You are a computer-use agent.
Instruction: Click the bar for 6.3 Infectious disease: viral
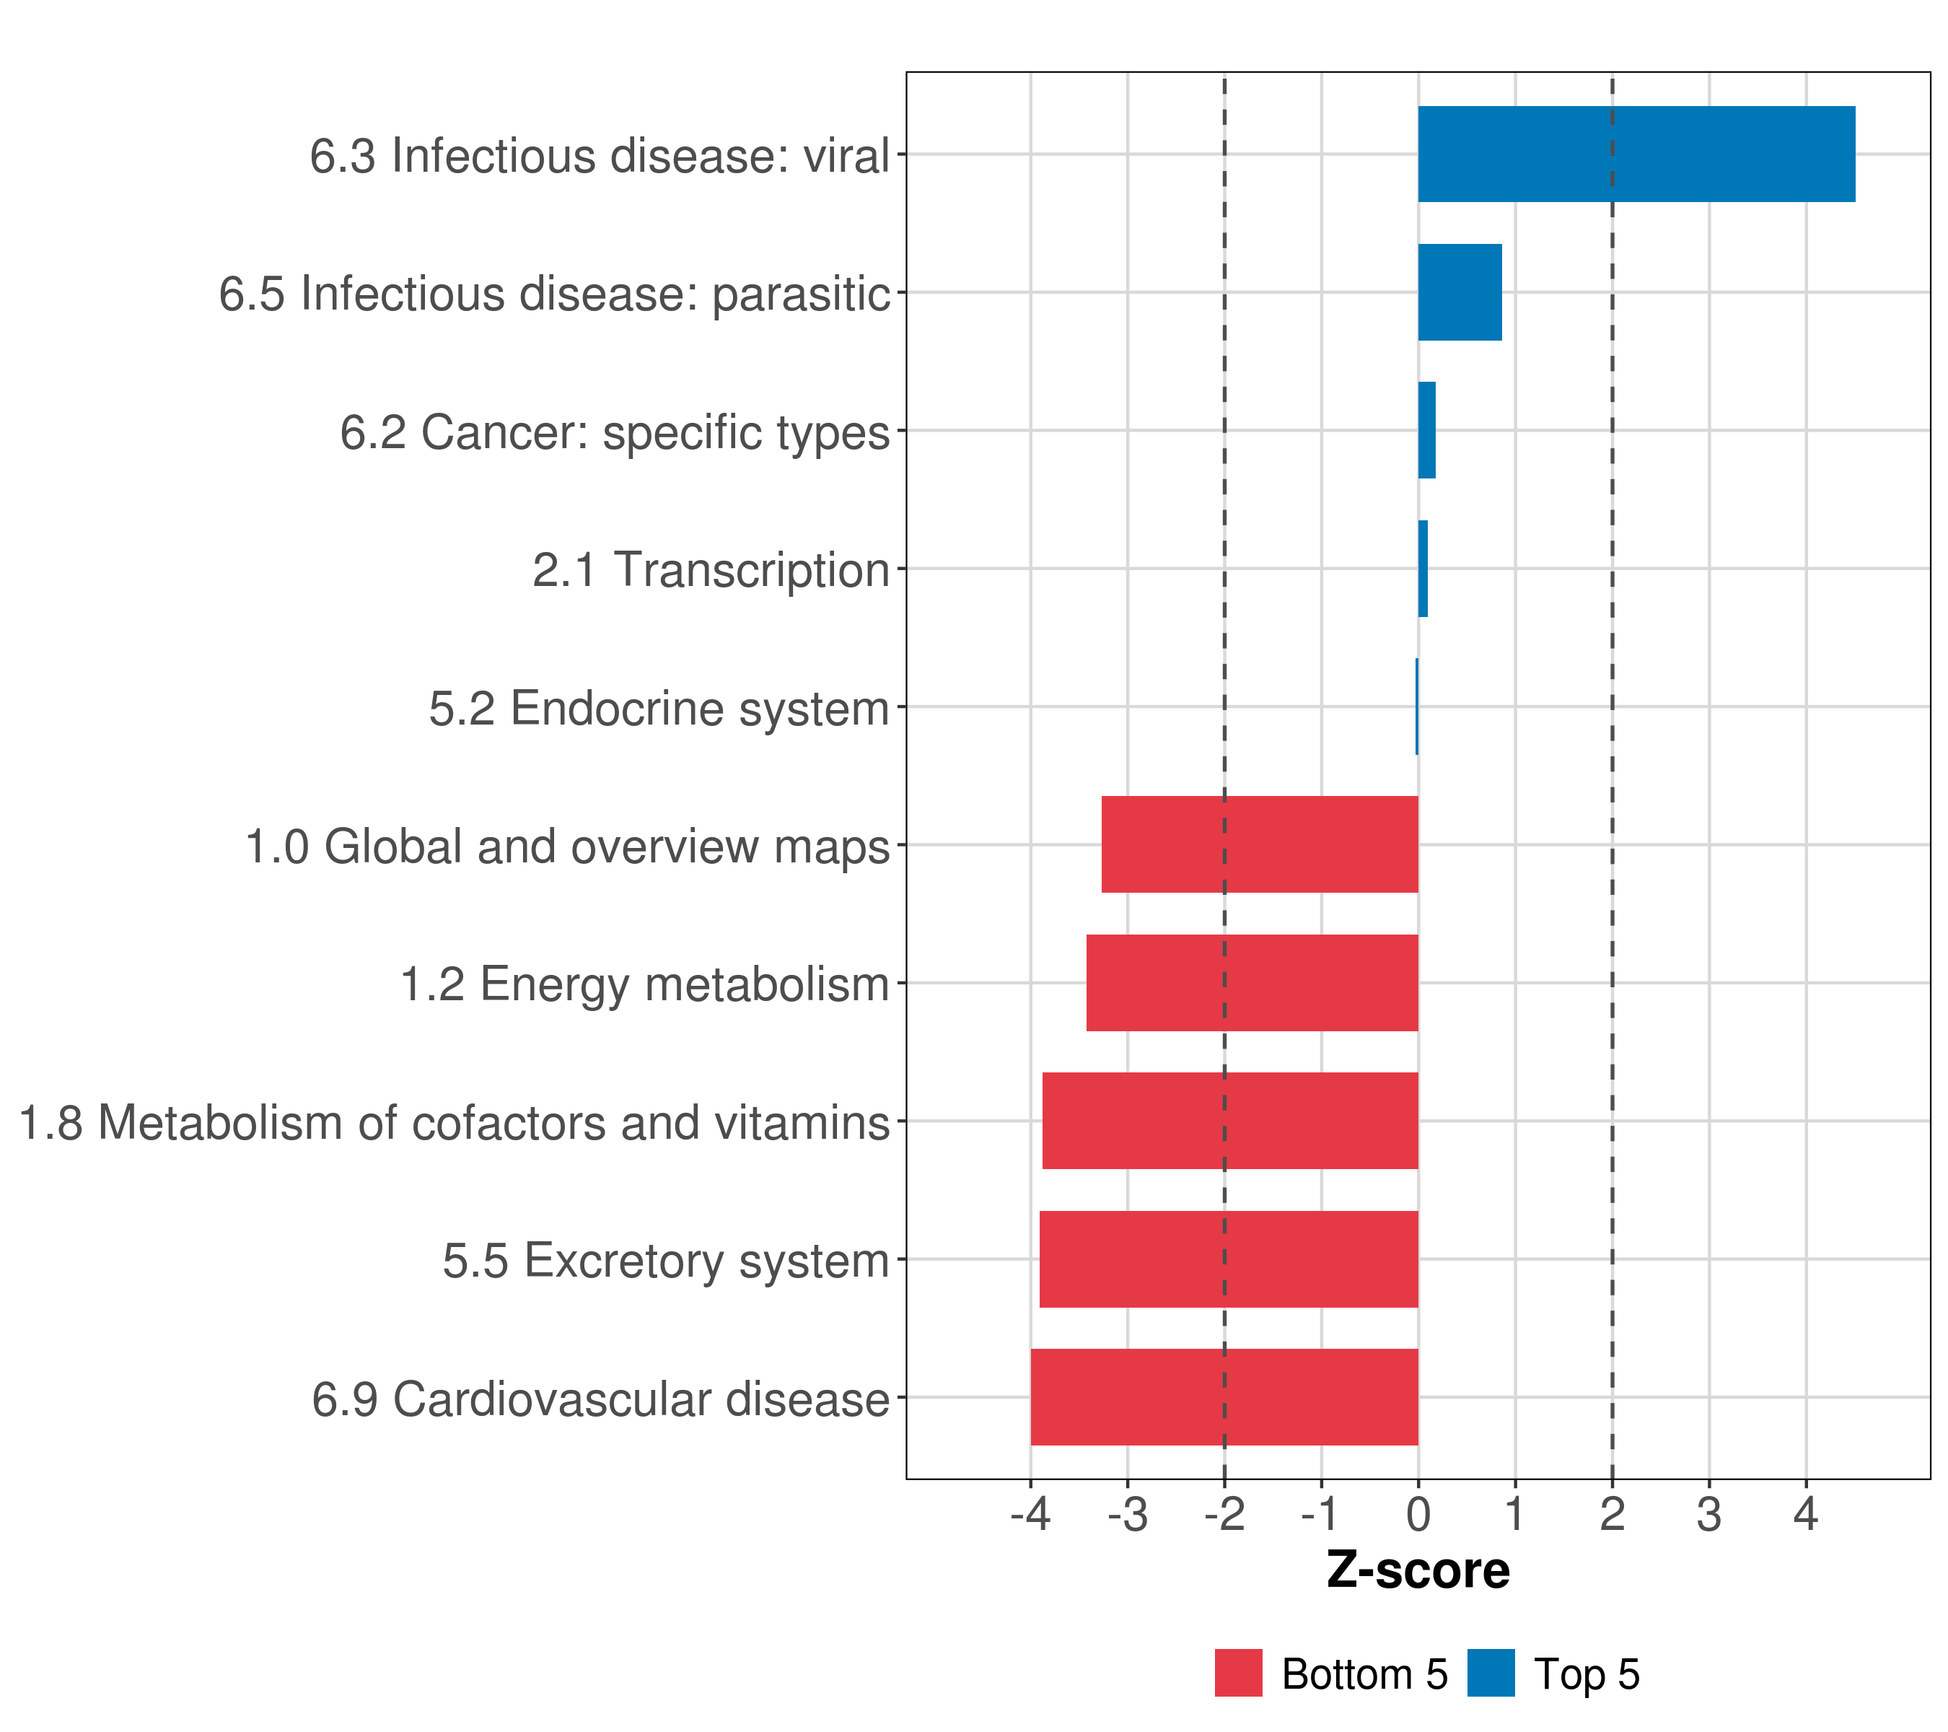pos(1636,154)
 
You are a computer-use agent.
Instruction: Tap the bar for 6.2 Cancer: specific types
pos(1426,431)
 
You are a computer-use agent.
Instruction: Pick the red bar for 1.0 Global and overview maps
pos(1259,844)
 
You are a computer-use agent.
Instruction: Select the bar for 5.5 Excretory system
pos(1229,1259)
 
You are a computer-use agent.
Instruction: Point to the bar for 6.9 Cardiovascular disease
pos(1224,1397)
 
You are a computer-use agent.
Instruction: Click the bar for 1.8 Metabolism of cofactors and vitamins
pos(1229,1121)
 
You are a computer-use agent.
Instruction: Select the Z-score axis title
pos(1418,1570)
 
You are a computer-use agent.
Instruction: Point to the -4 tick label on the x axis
pos(1030,1514)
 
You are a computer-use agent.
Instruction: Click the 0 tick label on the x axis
pos(1418,1514)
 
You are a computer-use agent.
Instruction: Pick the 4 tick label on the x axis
pos(1806,1514)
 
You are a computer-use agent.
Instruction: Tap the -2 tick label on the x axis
pos(1224,1514)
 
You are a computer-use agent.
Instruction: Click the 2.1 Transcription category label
pos(710,570)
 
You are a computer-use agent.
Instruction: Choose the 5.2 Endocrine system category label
pos(659,708)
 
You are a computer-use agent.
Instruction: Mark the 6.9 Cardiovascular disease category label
pos(600,1399)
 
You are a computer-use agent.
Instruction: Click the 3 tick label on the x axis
pos(1708,1514)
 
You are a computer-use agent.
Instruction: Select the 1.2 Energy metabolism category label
pos(644,984)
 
